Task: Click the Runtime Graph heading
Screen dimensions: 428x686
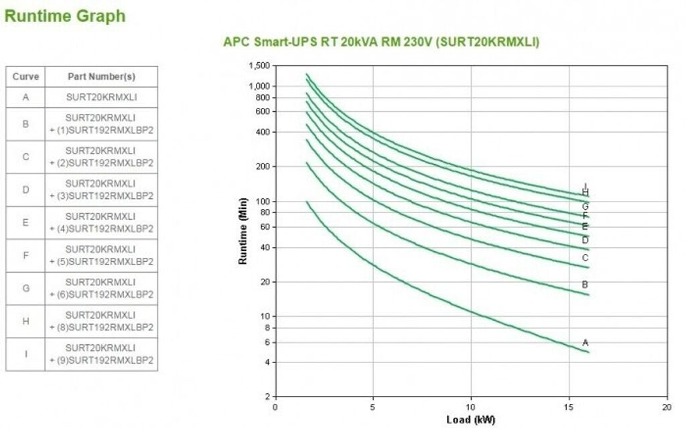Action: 64,16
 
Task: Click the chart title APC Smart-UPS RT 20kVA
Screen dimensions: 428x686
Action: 381,42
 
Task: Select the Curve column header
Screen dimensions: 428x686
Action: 25,76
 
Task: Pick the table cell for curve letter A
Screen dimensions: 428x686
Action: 25,97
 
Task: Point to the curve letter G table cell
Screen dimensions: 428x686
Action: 25,288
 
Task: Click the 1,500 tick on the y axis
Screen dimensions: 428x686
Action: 259,66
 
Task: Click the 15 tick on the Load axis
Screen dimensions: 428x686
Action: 569,407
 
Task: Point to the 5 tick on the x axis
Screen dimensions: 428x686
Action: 373,407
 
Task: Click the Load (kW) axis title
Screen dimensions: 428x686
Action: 472,419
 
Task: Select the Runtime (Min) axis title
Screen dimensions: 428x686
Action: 243,231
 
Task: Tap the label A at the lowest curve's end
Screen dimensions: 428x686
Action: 586,343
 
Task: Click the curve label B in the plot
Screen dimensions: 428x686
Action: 586,285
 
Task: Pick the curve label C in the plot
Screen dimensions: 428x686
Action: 586,258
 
